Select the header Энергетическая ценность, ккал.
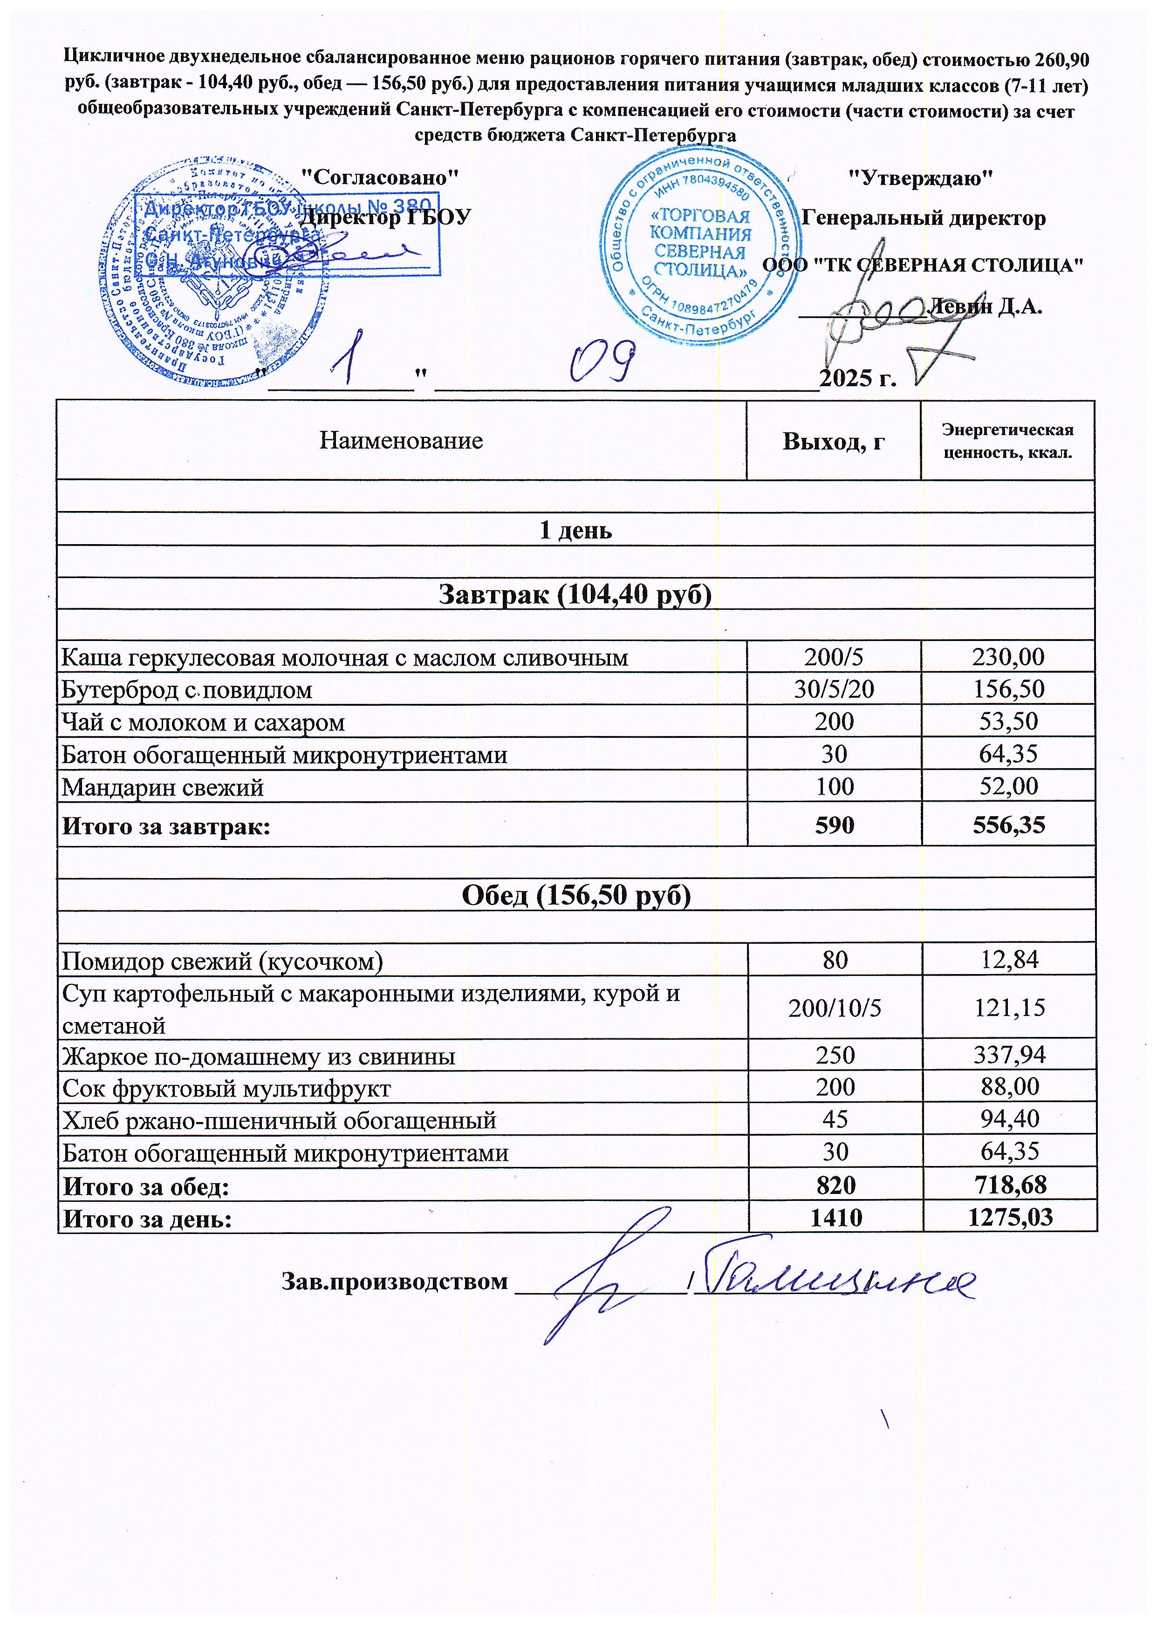[x=1007, y=441]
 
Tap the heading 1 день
[x=575, y=530]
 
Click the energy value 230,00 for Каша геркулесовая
[x=1008, y=657]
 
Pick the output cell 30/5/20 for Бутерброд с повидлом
[x=834, y=689]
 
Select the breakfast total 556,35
[x=1009, y=825]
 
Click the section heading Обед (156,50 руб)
[x=575, y=895]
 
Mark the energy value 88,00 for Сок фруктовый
[x=1009, y=1087]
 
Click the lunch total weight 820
[x=835, y=1185]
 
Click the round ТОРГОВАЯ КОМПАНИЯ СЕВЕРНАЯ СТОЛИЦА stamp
[x=699, y=244]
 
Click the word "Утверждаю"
[x=920, y=177]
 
